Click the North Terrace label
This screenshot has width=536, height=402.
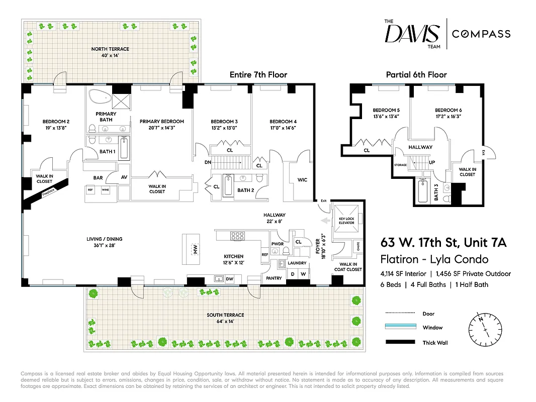point(110,49)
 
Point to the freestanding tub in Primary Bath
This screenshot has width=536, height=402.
point(101,96)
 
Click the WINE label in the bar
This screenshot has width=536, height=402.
point(105,190)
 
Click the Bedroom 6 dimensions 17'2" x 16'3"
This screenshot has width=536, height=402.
point(446,117)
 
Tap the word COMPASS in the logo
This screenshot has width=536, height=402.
point(481,34)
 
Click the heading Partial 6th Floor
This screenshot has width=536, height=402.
point(416,74)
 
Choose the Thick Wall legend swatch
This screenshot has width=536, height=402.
point(401,343)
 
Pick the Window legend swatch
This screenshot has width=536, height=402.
point(401,327)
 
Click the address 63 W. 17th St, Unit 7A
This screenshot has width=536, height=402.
point(443,243)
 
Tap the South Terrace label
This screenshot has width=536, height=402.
point(225,315)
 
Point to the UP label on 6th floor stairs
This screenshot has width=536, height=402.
point(431,162)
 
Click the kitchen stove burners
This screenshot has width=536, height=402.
point(236,236)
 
